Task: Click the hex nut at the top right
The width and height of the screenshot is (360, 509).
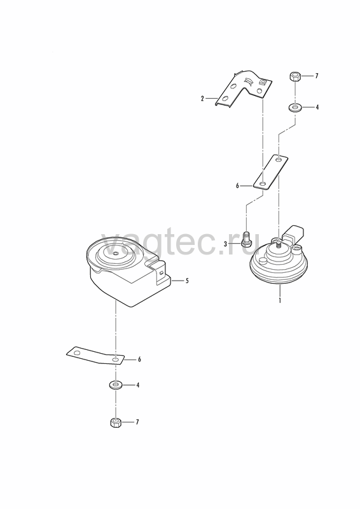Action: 294,77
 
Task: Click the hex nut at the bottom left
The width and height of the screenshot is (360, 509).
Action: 116,422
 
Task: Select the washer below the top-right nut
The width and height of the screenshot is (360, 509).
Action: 294,107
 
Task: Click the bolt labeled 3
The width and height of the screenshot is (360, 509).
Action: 246,239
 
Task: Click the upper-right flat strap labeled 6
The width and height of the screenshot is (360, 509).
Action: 270,172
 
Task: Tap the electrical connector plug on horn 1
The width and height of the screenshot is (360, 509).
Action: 294,234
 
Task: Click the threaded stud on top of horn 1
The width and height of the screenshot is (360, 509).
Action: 278,244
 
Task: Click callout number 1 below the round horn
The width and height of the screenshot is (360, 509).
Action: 279,300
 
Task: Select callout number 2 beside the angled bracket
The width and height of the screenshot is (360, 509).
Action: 202,99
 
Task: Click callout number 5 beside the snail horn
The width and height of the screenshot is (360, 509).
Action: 187,281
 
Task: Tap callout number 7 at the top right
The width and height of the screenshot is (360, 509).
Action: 317,76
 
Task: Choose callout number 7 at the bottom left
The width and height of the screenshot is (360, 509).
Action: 137,422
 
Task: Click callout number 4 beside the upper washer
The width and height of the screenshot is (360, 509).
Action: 317,107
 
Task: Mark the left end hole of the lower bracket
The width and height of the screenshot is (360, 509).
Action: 76,352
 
